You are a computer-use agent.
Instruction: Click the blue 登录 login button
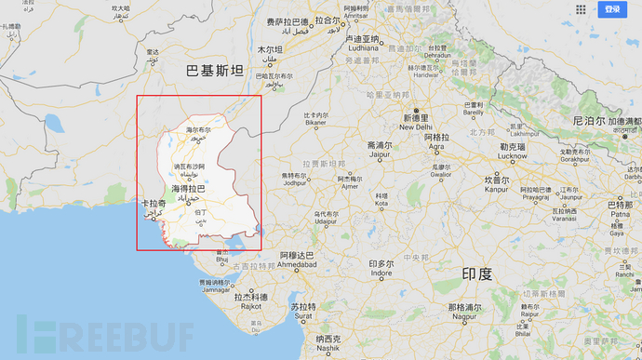pyautogui.click(x=612, y=9)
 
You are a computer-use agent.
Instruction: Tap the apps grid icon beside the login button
pyautogui.click(x=581, y=9)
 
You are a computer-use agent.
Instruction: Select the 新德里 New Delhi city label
pyautogui.click(x=415, y=121)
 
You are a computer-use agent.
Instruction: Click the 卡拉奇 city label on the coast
pyautogui.click(x=154, y=204)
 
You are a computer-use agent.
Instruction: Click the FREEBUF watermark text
pyautogui.click(x=111, y=334)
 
